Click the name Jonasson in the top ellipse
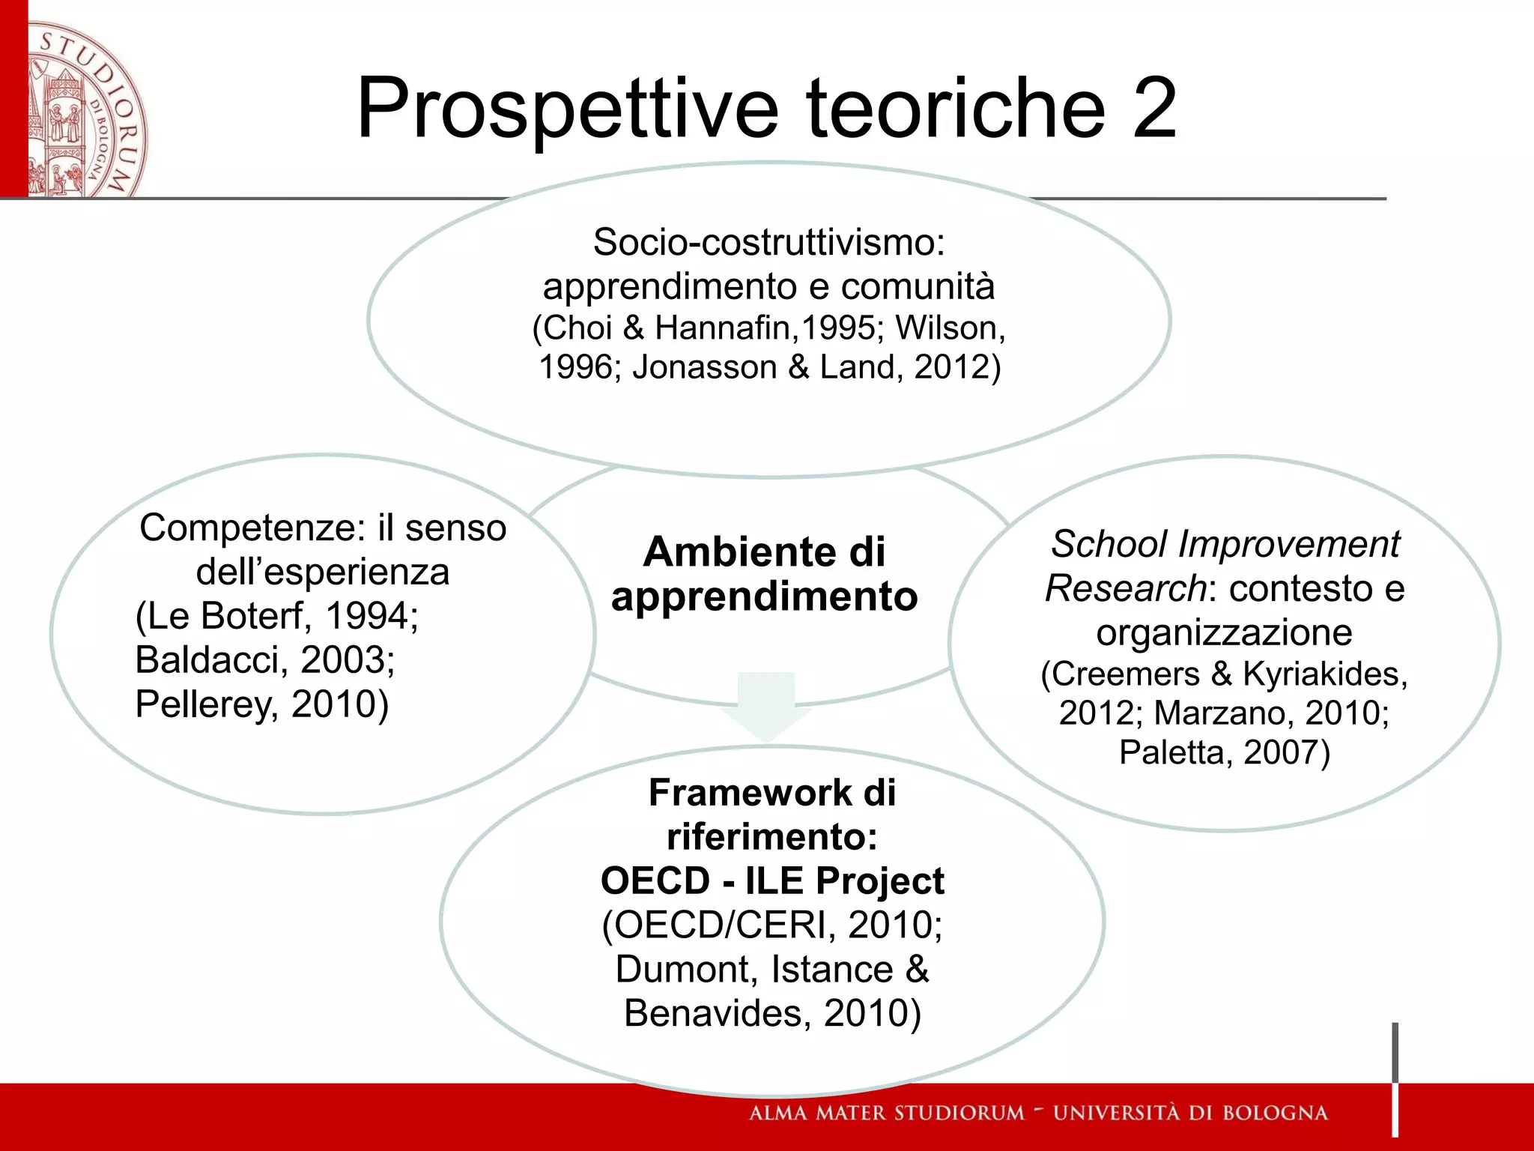(x=705, y=367)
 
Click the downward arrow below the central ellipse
(x=766, y=704)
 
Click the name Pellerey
(x=202, y=704)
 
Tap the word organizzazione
(x=1224, y=632)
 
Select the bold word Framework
(x=750, y=792)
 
